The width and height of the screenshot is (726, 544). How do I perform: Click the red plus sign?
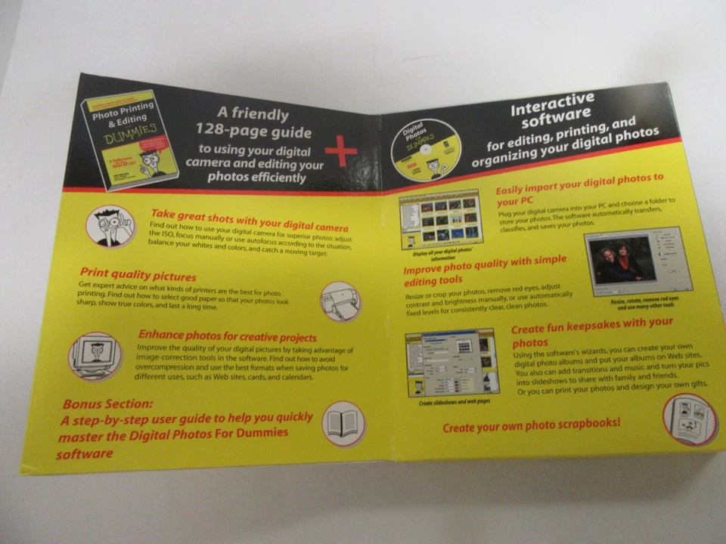point(341,153)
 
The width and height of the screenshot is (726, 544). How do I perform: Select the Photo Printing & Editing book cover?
point(129,141)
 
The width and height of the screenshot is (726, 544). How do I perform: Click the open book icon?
point(343,423)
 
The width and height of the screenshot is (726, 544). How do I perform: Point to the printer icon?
point(340,301)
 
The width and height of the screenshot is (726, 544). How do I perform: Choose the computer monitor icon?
point(95,355)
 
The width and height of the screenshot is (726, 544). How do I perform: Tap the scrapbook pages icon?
point(689,419)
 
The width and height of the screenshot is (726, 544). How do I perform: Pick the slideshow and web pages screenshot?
point(451,362)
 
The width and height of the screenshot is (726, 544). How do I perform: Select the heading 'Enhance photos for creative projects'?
point(227,336)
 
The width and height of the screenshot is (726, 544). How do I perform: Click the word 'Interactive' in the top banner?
point(552,106)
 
